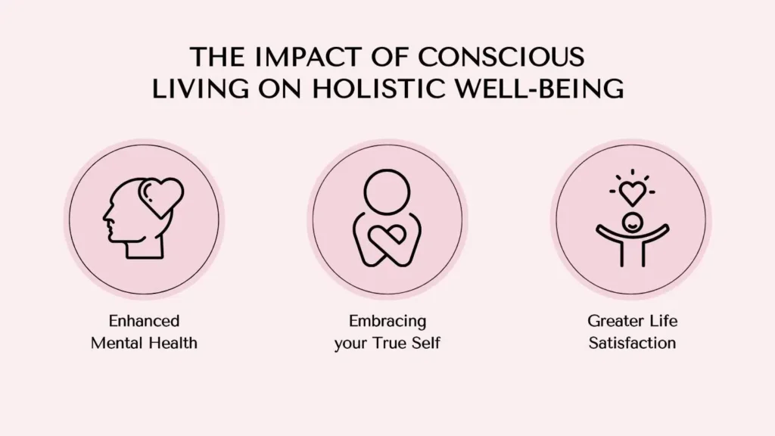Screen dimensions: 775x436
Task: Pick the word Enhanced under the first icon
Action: click(144, 321)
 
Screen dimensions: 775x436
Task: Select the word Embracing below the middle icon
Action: click(387, 321)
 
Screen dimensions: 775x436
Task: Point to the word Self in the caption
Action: click(426, 343)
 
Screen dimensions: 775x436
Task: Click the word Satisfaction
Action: click(632, 343)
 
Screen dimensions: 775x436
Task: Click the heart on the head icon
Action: click(162, 198)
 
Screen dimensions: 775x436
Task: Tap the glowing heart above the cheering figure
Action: click(633, 193)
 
